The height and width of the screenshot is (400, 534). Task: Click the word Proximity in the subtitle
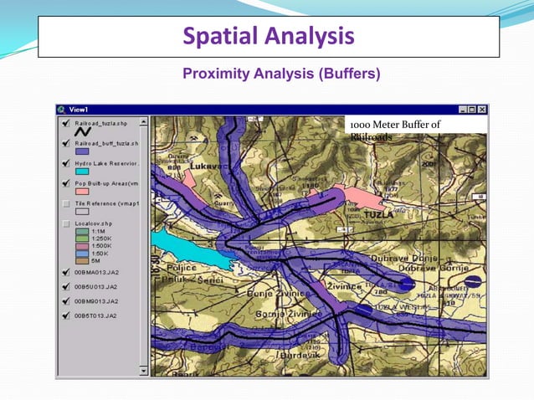click(218, 74)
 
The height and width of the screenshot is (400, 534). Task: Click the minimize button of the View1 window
click(462, 110)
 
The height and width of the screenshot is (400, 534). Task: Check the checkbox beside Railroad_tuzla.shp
click(65, 122)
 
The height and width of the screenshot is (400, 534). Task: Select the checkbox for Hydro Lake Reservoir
click(65, 162)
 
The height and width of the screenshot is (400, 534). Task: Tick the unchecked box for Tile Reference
click(65, 203)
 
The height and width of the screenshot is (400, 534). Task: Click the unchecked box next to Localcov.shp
click(65, 224)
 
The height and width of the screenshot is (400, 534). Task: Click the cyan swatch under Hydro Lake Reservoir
click(82, 172)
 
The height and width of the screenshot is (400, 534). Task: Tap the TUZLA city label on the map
click(379, 214)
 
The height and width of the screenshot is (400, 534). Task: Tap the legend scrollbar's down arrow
click(143, 370)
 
